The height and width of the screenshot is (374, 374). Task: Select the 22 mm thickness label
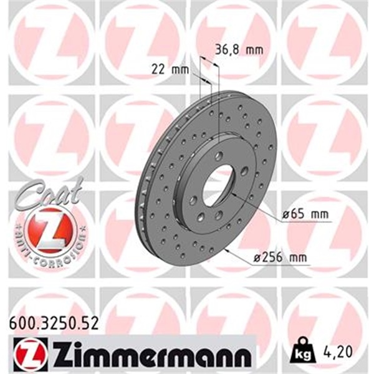pos(170,69)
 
